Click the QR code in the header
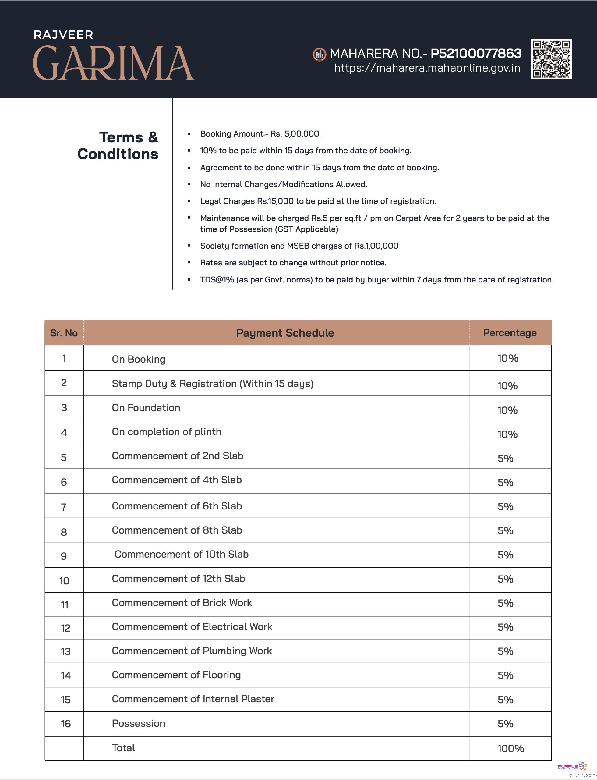pyautogui.click(x=551, y=59)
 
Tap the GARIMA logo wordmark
pyautogui.click(x=113, y=63)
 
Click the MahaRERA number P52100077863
pyautogui.click(x=476, y=53)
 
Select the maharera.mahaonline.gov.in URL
pyautogui.click(x=427, y=68)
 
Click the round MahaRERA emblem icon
pyautogui.click(x=319, y=55)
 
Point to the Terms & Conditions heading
pyautogui.click(x=118, y=145)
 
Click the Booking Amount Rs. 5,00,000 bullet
pyautogui.click(x=260, y=134)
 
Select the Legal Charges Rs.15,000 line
pyautogui.click(x=318, y=201)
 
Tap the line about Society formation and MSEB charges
pyautogui.click(x=299, y=246)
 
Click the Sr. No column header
pyautogui.click(x=64, y=333)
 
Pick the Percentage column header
pyautogui.click(x=510, y=333)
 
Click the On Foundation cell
pyautogui.click(x=146, y=408)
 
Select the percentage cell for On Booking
pyautogui.click(x=507, y=358)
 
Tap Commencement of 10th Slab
pyautogui.click(x=181, y=554)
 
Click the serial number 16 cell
pyautogui.click(x=66, y=724)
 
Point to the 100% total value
pyautogui.click(x=510, y=748)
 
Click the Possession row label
pyautogui.click(x=139, y=723)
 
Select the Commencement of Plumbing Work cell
pyautogui.click(x=192, y=651)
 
